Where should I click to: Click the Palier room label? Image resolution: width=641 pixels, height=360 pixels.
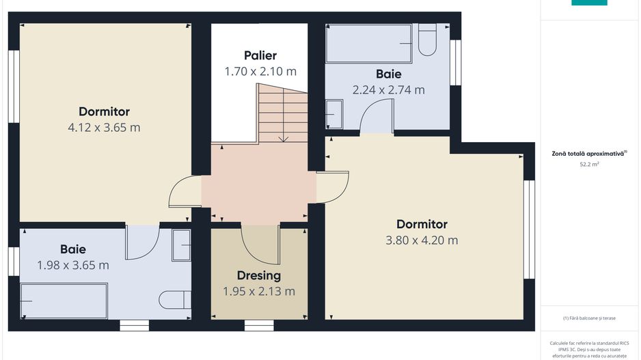tap(260, 55)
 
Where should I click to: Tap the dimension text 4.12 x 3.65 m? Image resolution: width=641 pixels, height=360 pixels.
tap(104, 127)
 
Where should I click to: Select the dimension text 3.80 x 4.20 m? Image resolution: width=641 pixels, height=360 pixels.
tap(422, 240)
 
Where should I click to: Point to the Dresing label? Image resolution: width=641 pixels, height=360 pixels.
tap(259, 275)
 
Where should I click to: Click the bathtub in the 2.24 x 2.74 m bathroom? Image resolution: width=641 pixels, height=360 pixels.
tap(369, 44)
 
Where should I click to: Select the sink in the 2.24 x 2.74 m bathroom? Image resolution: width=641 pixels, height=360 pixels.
tap(334, 114)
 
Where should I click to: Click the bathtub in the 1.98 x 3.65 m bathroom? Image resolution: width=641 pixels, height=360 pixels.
tap(64, 301)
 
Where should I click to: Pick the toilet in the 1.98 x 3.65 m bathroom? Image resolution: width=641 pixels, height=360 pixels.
tap(175, 300)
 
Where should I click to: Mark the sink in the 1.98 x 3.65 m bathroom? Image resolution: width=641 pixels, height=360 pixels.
tap(181, 245)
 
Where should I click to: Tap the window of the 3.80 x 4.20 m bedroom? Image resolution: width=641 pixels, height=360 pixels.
tap(529, 230)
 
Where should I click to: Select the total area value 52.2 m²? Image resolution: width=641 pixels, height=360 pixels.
tap(588, 165)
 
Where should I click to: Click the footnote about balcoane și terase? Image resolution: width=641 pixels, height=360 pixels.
tap(588, 318)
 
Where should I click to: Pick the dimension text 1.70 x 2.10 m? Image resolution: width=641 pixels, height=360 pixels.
tap(260, 71)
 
